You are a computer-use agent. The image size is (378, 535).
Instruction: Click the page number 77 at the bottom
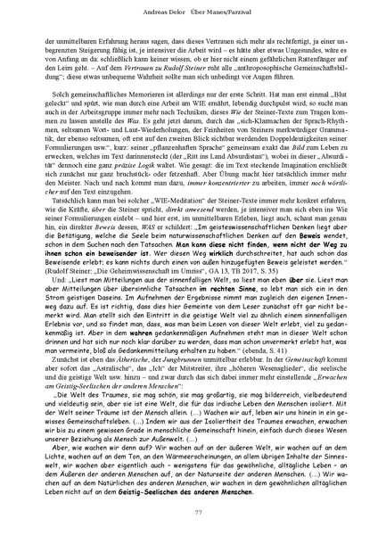(189, 510)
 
